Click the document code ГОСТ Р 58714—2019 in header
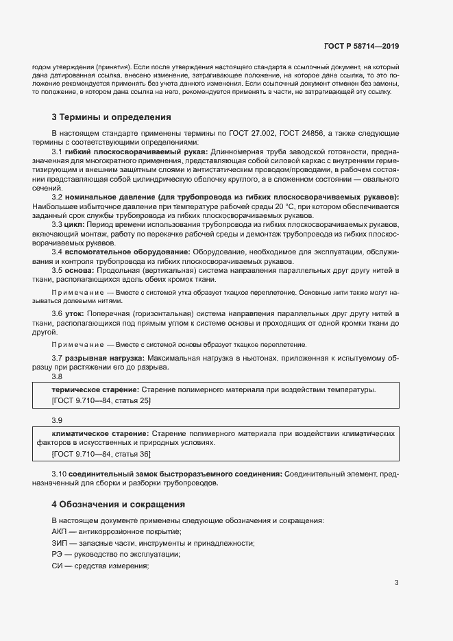361,47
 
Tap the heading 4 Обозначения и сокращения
118,504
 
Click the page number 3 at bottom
396,583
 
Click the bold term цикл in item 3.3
76,224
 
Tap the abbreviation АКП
60,532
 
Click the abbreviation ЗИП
60,544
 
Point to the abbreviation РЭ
58,555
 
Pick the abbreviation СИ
58,566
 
